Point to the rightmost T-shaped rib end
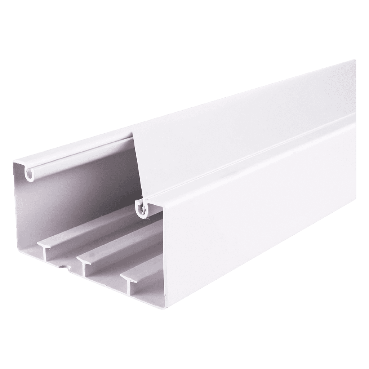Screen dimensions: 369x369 pos(128,279)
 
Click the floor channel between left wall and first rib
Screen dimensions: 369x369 pos(36,234)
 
